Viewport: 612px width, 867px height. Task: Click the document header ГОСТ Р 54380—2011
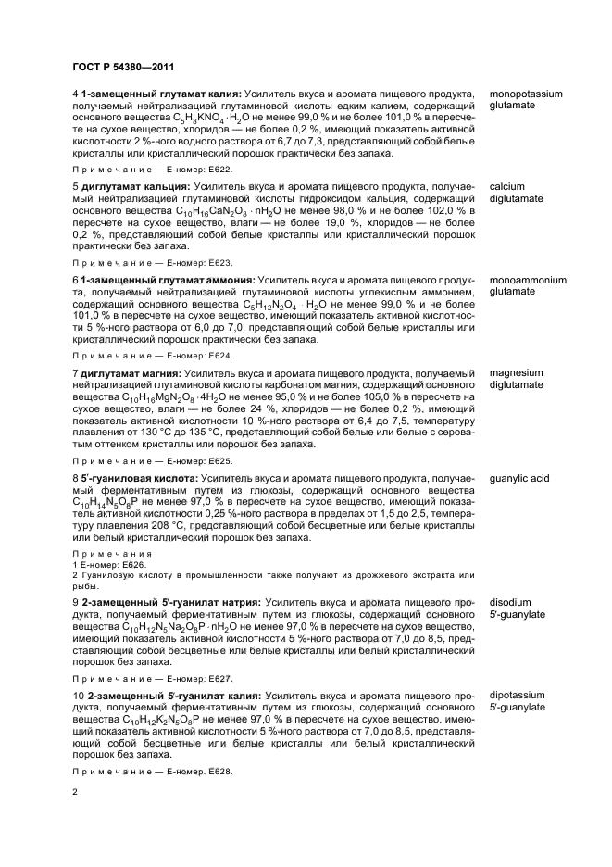pos(123,67)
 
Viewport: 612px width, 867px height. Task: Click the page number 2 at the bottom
pos(76,792)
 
